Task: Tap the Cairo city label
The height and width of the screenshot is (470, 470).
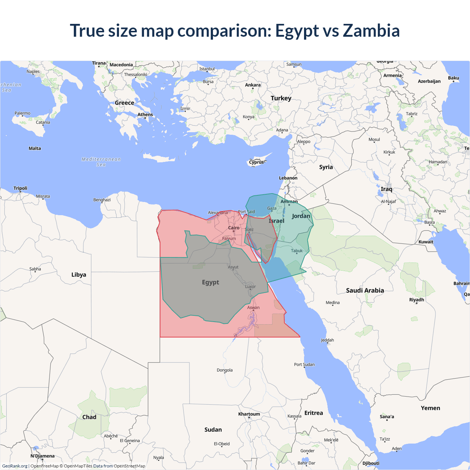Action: pos(234,228)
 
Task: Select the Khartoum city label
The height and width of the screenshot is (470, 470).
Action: pos(249,414)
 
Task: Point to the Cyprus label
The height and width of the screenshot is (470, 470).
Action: pos(256,162)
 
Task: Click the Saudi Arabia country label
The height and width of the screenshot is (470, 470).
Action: pos(365,290)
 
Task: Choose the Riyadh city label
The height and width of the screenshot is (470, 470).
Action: pos(416,300)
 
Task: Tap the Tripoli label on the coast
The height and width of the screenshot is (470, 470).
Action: pos(21,188)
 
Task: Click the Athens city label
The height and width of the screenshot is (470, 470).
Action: pos(145,115)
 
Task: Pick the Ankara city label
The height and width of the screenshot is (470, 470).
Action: pos(253,85)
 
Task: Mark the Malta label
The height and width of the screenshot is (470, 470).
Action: pos(35,148)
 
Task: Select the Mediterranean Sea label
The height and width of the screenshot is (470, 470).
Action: pos(101,162)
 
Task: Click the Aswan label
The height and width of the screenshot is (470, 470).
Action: pos(253,307)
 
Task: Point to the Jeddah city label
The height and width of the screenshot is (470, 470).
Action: pos(327,340)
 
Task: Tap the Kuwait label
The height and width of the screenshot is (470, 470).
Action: pos(426,242)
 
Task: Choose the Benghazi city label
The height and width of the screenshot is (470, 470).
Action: pos(102,200)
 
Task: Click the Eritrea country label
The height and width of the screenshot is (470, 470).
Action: pos(314,413)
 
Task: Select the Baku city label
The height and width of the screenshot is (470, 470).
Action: pos(453,78)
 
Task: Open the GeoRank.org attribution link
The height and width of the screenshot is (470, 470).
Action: pos(15,466)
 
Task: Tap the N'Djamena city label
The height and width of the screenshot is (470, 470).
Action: pos(42,456)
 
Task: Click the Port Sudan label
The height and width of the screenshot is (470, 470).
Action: pos(304,364)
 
